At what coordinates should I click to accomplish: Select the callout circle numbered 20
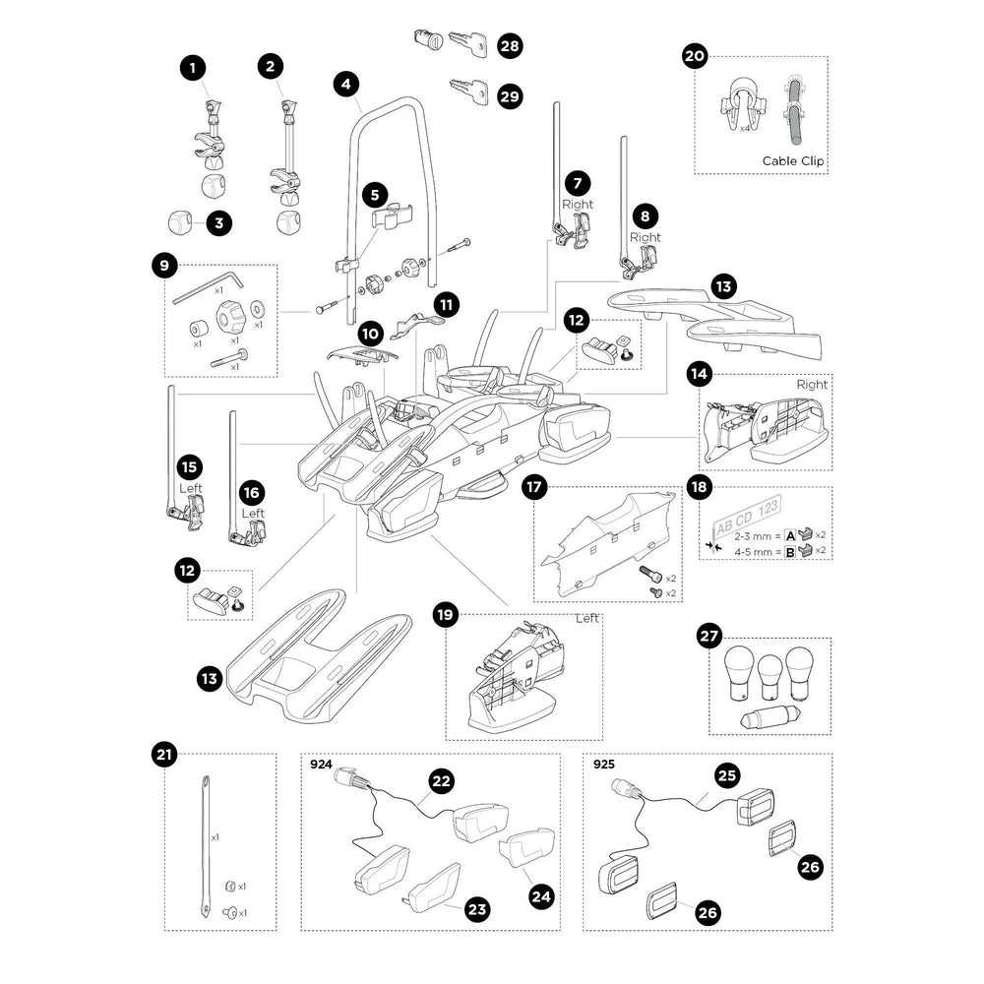695,57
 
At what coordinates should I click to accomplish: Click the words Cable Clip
792,160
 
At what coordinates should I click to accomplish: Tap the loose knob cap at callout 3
179,221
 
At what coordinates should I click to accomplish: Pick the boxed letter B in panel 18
787,553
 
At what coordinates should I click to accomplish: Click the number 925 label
604,764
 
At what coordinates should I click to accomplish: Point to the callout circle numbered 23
476,910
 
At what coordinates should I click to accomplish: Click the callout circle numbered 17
534,487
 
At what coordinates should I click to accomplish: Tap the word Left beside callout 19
588,619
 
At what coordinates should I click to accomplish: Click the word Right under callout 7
578,205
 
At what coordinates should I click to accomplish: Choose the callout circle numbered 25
728,776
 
